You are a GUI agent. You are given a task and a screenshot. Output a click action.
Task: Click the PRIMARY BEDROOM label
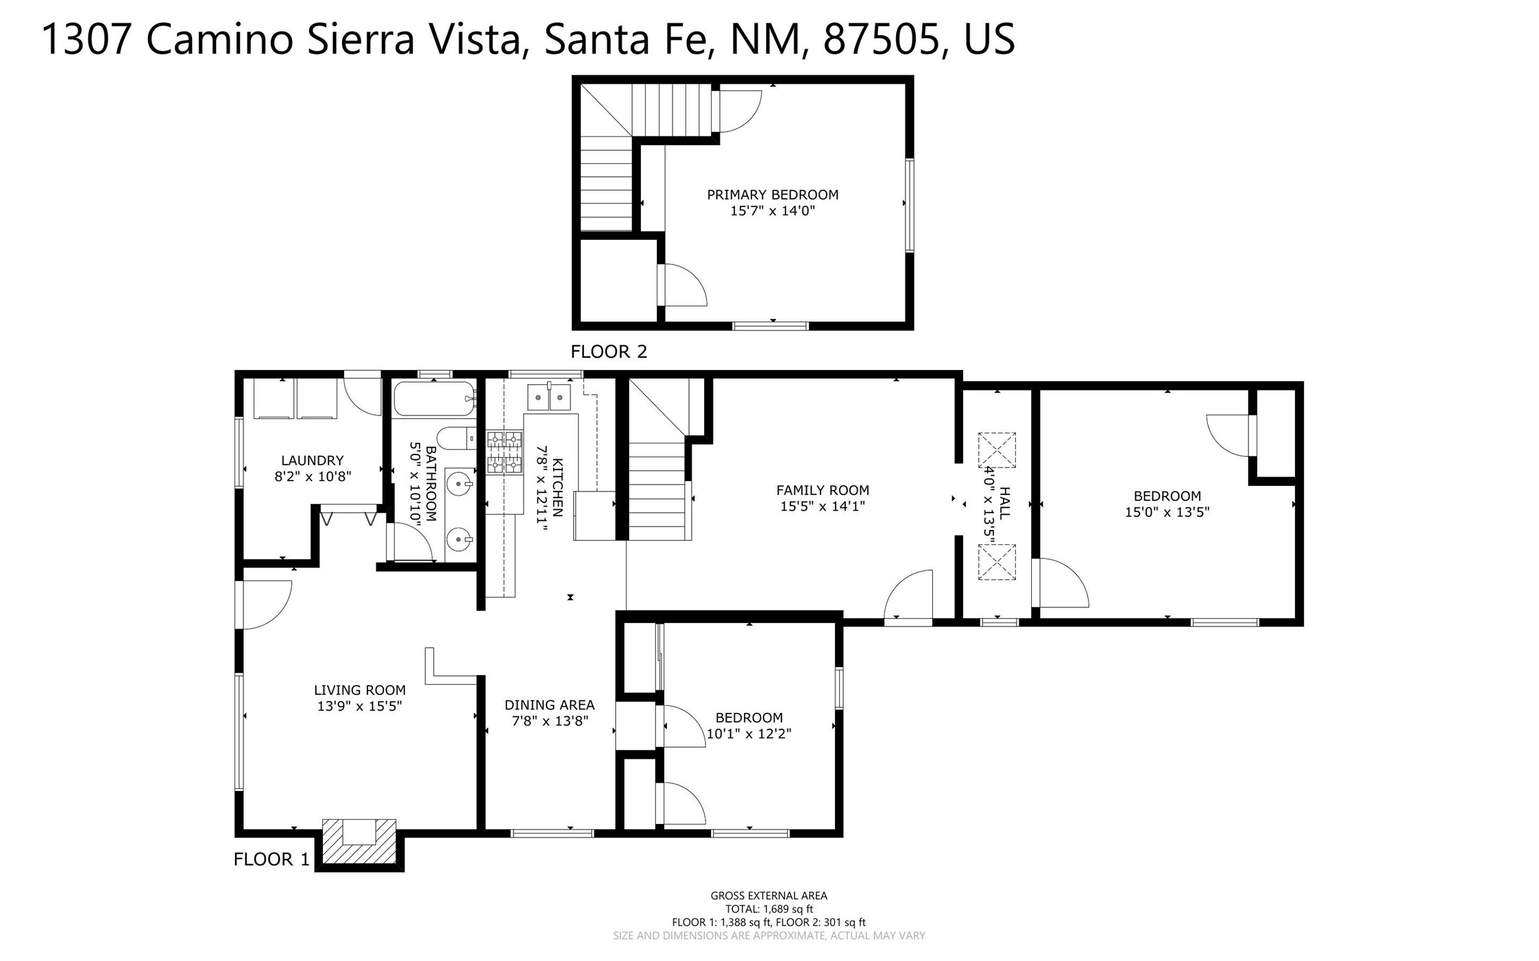click(x=773, y=195)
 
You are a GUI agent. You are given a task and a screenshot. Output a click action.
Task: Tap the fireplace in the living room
click(x=359, y=842)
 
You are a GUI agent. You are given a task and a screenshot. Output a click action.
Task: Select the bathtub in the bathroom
click(x=435, y=398)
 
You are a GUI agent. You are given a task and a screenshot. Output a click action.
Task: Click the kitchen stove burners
click(x=505, y=452)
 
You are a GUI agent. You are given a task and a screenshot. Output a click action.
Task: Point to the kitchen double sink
click(x=549, y=397)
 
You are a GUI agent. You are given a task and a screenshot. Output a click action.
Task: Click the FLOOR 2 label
click(x=609, y=352)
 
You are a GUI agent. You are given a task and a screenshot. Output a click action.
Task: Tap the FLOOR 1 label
click(x=271, y=859)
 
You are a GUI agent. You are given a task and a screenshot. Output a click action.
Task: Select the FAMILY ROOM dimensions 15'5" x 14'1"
click(x=823, y=507)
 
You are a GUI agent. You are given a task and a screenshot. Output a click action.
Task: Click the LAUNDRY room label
click(x=312, y=461)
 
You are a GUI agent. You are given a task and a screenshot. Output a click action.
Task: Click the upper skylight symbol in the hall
click(x=997, y=450)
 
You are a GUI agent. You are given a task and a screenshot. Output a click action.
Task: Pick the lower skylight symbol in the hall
click(x=997, y=562)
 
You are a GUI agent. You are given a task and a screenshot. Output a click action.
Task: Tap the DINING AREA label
click(x=550, y=705)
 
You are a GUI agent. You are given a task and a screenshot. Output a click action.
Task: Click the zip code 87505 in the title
click(x=881, y=39)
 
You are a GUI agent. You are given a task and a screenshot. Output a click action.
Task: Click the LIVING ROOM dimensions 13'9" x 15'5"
click(x=359, y=706)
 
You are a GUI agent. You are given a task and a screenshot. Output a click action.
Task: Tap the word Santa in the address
click(x=596, y=39)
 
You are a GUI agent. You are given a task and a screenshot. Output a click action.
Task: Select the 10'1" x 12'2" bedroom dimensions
click(x=749, y=733)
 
